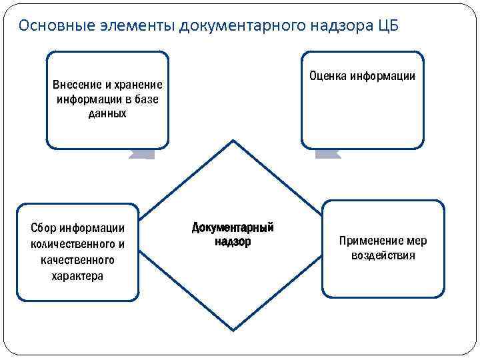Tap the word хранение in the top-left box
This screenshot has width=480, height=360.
[x=139, y=85]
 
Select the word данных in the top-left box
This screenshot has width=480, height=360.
[x=107, y=113]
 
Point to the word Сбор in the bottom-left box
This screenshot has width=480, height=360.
[x=43, y=229]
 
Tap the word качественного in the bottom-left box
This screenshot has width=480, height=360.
[x=77, y=260]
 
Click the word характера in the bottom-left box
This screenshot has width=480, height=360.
[x=77, y=275]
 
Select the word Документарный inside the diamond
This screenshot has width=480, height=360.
[x=233, y=228]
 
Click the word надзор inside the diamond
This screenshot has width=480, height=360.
[x=233, y=242]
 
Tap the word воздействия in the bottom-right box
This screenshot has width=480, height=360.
[x=383, y=255]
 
